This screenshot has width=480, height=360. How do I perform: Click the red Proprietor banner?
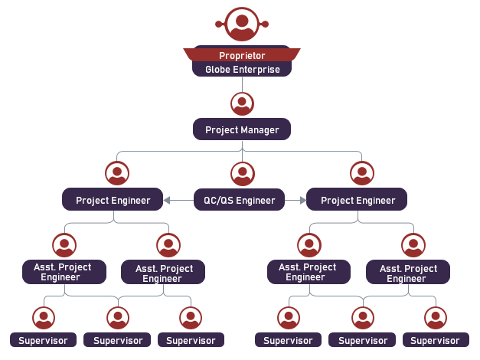(242, 55)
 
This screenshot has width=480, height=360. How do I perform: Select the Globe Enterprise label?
(242, 70)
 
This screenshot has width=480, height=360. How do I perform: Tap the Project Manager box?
(242, 129)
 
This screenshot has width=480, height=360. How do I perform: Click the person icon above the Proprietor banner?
(242, 25)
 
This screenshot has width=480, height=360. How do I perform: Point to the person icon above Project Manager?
(242, 103)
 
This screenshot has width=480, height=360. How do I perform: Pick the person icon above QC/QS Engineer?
(242, 173)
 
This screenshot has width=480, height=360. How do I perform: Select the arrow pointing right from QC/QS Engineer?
(301, 201)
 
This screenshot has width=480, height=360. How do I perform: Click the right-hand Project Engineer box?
(357, 200)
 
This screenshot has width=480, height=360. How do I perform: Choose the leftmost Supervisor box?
(43, 340)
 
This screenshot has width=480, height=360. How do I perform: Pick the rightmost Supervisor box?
(435, 340)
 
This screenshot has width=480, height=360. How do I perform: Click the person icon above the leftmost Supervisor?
(44, 317)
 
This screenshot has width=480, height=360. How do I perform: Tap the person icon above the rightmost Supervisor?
(435, 317)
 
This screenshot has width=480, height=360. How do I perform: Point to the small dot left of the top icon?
(219, 25)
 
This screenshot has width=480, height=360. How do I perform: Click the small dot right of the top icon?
(266, 25)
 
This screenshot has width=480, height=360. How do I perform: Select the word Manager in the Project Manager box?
(260, 129)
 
